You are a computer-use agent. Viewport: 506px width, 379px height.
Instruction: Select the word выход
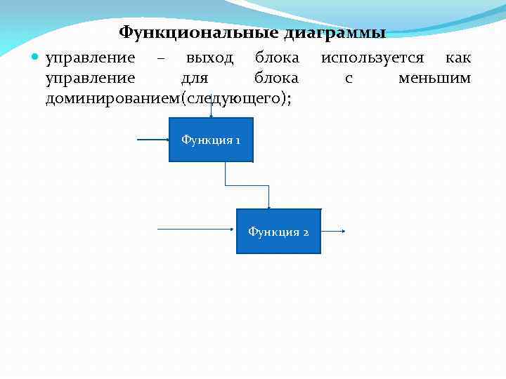(209, 58)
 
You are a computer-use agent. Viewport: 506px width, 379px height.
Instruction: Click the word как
(458, 58)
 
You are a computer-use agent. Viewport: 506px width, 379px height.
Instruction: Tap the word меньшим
(434, 78)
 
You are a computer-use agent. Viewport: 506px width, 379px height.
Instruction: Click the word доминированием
(112, 98)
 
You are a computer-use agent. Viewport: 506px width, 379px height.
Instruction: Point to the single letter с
(349, 78)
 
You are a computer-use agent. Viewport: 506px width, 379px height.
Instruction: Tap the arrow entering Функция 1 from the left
(153, 140)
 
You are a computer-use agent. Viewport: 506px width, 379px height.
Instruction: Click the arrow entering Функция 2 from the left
(197, 230)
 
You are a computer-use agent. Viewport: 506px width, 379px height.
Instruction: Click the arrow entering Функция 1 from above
(211, 111)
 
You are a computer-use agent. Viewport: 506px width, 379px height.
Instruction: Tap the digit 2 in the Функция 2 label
(306, 232)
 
